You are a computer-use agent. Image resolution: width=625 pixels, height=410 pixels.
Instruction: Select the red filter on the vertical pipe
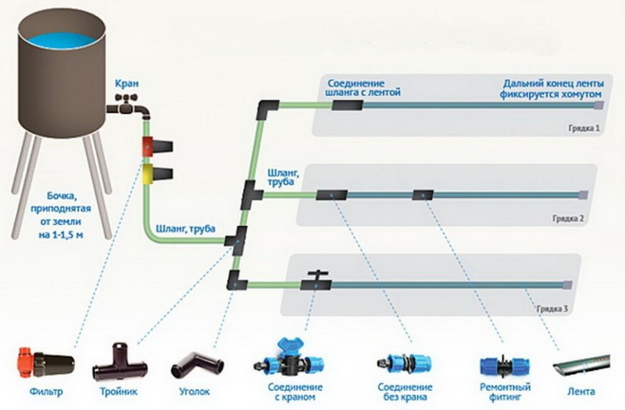click(x=147, y=145)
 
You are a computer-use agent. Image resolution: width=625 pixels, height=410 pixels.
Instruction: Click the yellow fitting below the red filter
click(x=148, y=174)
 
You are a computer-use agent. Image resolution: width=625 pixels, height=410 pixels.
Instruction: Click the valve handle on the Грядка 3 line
click(x=317, y=276)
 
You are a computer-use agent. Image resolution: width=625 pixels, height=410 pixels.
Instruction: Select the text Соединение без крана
click(x=404, y=392)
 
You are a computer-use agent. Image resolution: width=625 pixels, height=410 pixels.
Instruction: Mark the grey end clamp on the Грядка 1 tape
click(x=599, y=106)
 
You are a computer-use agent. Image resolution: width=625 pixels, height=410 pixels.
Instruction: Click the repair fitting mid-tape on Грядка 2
click(x=423, y=195)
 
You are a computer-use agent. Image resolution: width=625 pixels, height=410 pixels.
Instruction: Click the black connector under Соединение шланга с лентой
click(x=346, y=106)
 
